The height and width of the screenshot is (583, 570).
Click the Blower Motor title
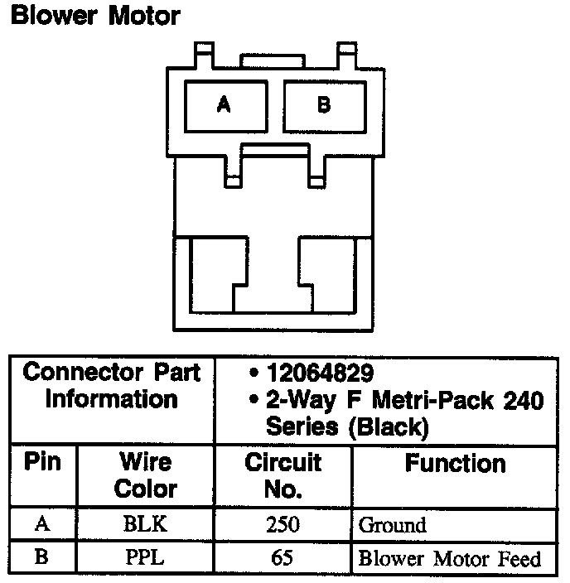[x=94, y=15]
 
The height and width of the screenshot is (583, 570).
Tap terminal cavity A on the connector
[x=224, y=104]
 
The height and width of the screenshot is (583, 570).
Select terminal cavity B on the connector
[x=324, y=104]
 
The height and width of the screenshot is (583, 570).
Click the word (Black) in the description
[x=389, y=427]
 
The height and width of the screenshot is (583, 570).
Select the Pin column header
[x=42, y=461]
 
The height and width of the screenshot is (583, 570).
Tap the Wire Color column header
[x=145, y=475]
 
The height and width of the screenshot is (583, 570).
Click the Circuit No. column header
[x=283, y=475]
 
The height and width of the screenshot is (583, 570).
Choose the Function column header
[x=455, y=463]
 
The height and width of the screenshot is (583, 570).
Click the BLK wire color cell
[x=145, y=524]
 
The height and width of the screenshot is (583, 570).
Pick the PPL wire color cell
[x=145, y=557]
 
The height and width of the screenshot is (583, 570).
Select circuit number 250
[x=283, y=524]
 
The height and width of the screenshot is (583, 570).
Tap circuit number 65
[x=283, y=557]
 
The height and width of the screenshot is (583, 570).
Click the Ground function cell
[x=392, y=525]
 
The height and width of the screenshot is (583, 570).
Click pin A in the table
[x=42, y=524]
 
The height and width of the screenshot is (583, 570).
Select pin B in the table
[x=42, y=557]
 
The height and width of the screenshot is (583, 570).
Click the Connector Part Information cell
[x=112, y=386]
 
